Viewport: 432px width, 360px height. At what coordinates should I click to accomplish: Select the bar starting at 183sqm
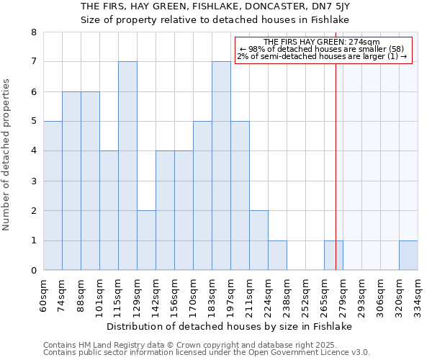(221, 166)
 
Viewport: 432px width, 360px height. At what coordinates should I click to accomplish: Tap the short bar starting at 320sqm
(408, 256)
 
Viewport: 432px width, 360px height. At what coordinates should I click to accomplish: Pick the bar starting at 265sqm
(333, 256)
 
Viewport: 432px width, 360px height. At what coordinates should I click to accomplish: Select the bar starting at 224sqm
(277, 256)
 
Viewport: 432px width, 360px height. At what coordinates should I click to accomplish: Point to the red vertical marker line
(336, 180)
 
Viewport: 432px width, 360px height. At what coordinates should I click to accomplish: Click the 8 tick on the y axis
(33, 32)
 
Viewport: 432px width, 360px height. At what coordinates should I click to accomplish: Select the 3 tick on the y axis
(33, 181)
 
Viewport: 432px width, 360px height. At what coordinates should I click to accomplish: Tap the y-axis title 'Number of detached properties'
(7, 151)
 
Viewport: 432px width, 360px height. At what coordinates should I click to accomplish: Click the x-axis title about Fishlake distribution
(230, 326)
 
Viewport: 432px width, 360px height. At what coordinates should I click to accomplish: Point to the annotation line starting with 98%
(322, 49)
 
